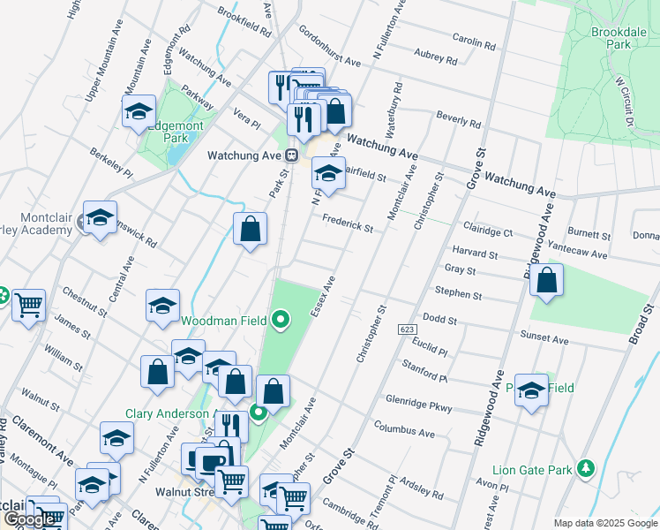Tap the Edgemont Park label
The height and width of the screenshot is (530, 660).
click(176, 132)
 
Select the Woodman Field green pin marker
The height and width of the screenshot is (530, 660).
click(281, 319)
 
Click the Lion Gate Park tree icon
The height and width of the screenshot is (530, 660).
click(584, 466)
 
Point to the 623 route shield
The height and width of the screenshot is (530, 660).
click(407, 329)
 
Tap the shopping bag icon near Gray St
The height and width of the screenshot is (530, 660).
click(548, 281)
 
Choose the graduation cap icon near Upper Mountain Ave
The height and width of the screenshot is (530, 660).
click(139, 112)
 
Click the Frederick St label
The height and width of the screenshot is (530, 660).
click(348, 224)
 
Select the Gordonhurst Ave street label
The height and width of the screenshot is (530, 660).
click(330, 47)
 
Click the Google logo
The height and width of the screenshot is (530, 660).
click(31, 519)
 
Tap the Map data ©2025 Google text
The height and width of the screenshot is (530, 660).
click(604, 523)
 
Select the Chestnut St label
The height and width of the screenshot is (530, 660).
click(84, 300)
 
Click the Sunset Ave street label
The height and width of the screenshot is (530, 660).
click(544, 337)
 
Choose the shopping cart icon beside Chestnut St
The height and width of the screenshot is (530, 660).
click(28, 306)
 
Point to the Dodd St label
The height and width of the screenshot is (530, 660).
click(439, 319)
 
